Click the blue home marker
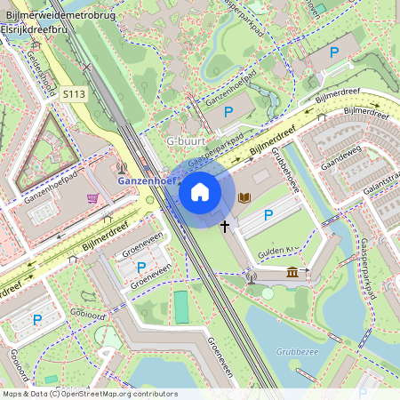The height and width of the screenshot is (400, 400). coord(200,191)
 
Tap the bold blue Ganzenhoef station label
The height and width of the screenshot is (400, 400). coord(147,180)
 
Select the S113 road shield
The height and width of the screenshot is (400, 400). coord(74,92)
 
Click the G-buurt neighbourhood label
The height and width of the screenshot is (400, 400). coord(185,141)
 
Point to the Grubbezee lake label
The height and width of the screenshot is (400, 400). coord(297,351)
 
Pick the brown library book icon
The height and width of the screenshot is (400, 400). coord(245,197)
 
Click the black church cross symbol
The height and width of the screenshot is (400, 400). coord(225,227)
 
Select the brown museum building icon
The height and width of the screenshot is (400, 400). coord(292,273)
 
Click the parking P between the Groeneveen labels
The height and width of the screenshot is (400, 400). coord(140,267)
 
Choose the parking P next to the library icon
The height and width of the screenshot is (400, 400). coord(268,215)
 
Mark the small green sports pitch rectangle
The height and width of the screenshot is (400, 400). coord(181,308)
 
